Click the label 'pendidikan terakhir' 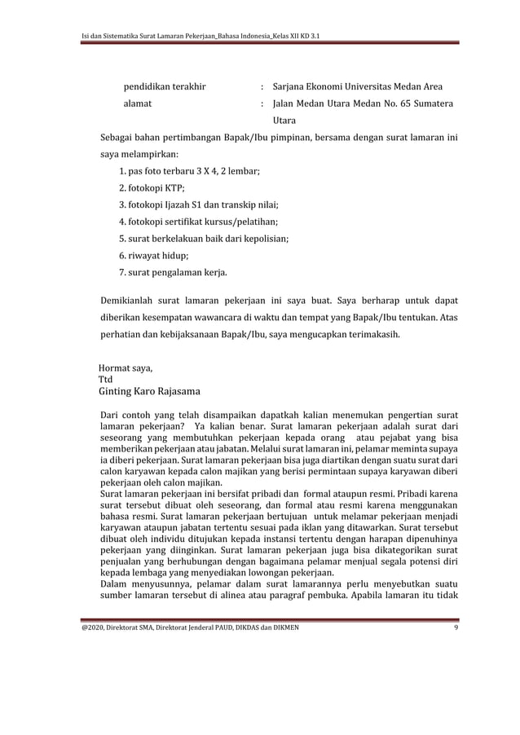pos(164,86)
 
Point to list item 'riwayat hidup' pos(154,255)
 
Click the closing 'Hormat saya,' pos(126,367)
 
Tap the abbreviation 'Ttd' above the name pos(105,379)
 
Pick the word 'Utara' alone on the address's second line pos(285,120)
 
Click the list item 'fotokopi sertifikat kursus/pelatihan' pos(198,222)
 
